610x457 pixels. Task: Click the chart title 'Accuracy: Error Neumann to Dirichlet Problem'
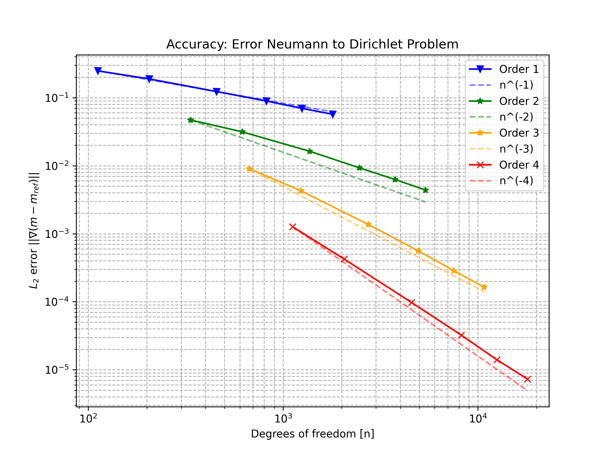coord(312,44)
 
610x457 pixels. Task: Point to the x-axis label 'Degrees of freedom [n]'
coord(312,434)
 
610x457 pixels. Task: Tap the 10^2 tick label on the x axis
coord(88,419)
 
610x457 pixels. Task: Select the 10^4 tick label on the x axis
coord(478,419)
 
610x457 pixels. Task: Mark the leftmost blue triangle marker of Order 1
coord(98,71)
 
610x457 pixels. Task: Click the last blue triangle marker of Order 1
coord(333,114)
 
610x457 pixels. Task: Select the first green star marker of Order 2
coord(191,120)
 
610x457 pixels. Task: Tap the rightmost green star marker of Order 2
coord(425,190)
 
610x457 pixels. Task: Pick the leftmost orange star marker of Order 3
coord(249,169)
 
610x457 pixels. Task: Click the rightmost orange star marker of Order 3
coord(484,287)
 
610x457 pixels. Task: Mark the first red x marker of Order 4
coord(293,227)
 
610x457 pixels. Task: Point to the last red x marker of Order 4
coord(527,379)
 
